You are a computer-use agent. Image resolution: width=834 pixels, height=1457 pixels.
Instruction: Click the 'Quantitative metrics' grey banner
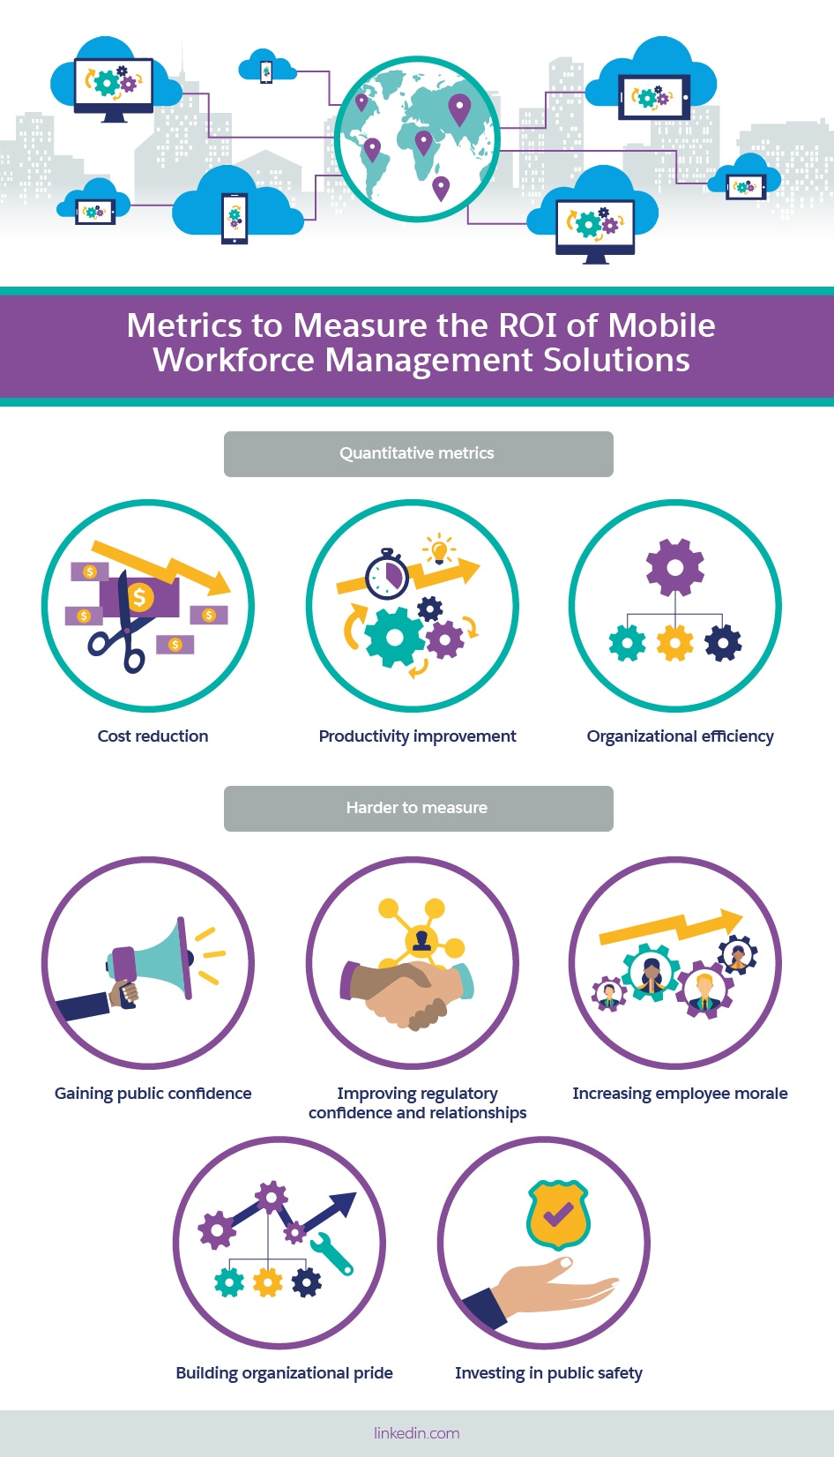tap(418, 453)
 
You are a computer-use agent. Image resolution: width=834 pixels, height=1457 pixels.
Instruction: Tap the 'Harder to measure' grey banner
tap(418, 808)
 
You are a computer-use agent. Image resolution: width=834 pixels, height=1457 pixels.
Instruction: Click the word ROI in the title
tap(527, 325)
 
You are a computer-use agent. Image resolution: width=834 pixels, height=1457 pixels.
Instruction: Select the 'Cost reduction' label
tap(153, 736)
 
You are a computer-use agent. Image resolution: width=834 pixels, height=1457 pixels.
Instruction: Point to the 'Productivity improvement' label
tap(417, 736)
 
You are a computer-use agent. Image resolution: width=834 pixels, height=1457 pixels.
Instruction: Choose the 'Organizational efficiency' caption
tap(680, 736)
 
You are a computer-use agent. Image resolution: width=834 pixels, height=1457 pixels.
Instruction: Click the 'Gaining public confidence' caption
tap(153, 1094)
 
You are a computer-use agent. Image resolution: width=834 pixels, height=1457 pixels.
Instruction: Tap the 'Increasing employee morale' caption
tap(680, 1094)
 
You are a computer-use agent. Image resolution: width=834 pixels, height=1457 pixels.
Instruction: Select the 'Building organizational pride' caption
tap(284, 1373)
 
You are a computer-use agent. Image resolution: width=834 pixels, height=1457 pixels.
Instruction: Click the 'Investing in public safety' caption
tap(548, 1373)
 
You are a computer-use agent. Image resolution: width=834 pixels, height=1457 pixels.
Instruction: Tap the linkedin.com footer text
tap(417, 1433)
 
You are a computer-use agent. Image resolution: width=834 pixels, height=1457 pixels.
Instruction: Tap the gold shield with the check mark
tap(557, 1215)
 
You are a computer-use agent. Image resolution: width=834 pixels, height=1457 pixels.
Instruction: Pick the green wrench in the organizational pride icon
tap(333, 1253)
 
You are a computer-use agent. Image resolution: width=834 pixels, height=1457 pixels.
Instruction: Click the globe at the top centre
tap(417, 138)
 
